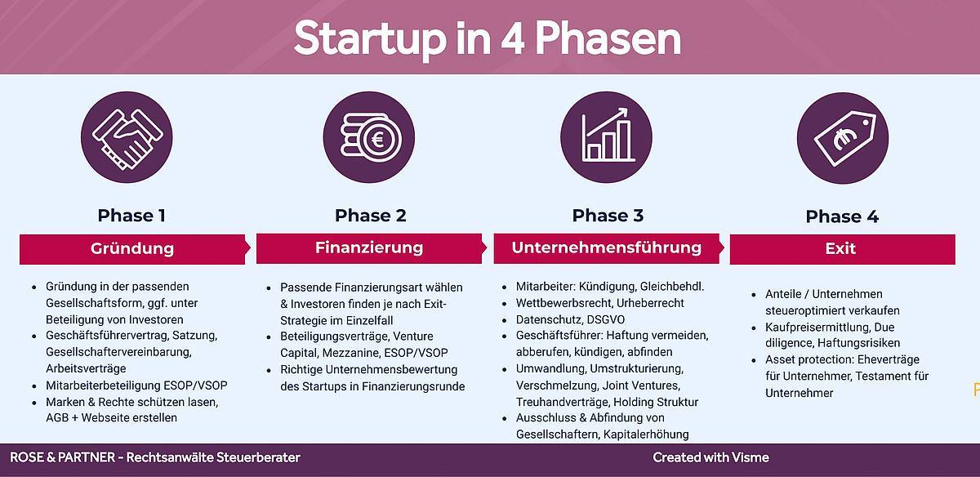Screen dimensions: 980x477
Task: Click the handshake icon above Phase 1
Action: tap(127, 137)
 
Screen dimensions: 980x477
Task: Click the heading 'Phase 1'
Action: tap(131, 216)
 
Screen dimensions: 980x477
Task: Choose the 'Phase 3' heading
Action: tap(608, 216)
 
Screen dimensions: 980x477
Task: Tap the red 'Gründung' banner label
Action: tap(132, 248)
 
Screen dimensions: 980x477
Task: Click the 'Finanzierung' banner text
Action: tap(369, 247)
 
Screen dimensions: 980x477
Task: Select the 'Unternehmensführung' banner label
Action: tap(606, 247)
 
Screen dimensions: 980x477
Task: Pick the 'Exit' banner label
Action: tap(840, 248)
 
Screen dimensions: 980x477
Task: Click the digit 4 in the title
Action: tap(512, 38)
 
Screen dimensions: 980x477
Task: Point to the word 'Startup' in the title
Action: tap(370, 40)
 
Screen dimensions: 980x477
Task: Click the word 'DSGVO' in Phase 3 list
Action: tap(605, 319)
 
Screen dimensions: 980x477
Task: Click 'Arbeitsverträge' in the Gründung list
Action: tap(86, 368)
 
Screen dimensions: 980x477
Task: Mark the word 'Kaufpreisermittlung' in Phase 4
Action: tap(817, 327)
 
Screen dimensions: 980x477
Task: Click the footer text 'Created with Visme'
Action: tap(710, 457)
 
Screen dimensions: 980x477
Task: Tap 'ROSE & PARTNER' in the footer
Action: tap(63, 457)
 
